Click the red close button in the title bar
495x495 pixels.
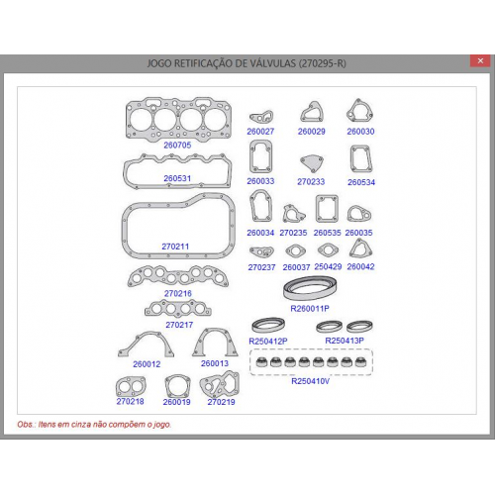pyautogui.click(x=480, y=61)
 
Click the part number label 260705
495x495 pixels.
pyautogui.click(x=177, y=145)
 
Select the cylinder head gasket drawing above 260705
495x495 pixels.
pyautogui.click(x=178, y=118)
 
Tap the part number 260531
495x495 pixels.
pyautogui.click(x=177, y=178)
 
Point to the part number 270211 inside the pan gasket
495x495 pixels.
pyautogui.click(x=175, y=247)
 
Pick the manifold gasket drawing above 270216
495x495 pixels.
pyautogui.click(x=178, y=276)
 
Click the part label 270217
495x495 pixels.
pyautogui.click(x=179, y=325)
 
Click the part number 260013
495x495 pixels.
pyautogui.click(x=215, y=363)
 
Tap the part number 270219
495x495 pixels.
pyautogui.click(x=221, y=402)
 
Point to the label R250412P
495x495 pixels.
pyautogui.click(x=268, y=342)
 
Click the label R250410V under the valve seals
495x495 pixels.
pyautogui.click(x=310, y=381)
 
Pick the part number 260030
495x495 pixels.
pyautogui.click(x=360, y=132)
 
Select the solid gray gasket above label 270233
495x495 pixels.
pyautogui.click(x=312, y=163)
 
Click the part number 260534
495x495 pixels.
pyautogui.click(x=361, y=182)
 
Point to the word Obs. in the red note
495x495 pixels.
pyautogui.click(x=26, y=425)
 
